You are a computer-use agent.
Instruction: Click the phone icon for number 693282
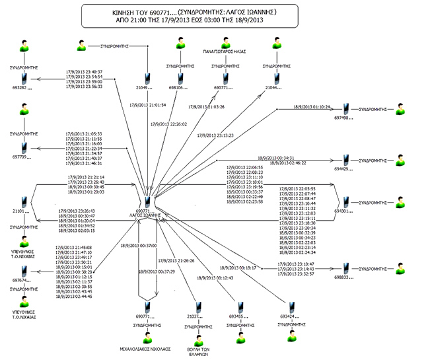point(24,77)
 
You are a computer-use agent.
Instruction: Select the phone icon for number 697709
point(24,147)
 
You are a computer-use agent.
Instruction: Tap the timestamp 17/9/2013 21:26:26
point(176,260)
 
